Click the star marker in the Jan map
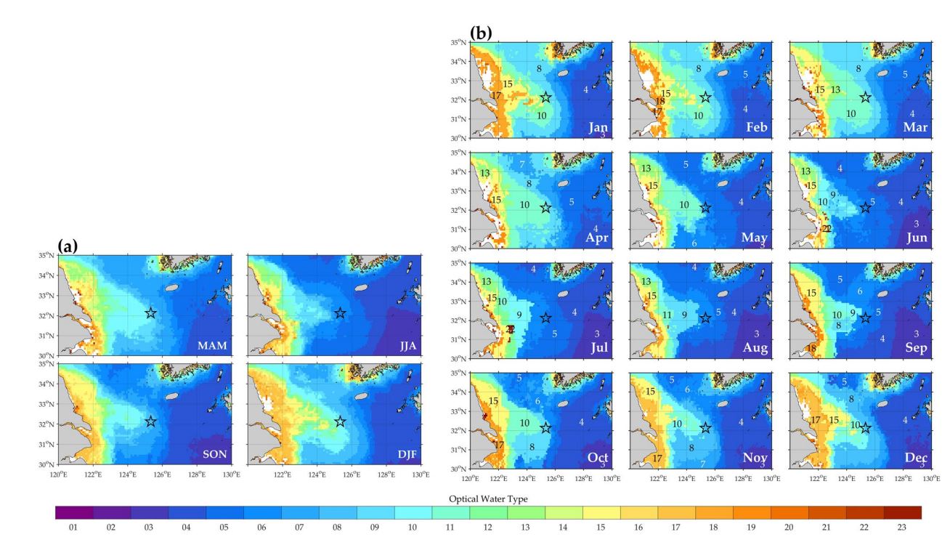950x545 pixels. pyautogui.click(x=545, y=97)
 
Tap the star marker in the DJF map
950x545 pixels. pyautogui.click(x=340, y=421)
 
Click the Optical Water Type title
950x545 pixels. pyautogui.click(x=487, y=498)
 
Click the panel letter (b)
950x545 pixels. pyautogui.click(x=481, y=33)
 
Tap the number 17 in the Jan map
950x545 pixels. pyautogui.click(x=497, y=95)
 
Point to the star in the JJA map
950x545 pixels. pyautogui.click(x=340, y=312)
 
